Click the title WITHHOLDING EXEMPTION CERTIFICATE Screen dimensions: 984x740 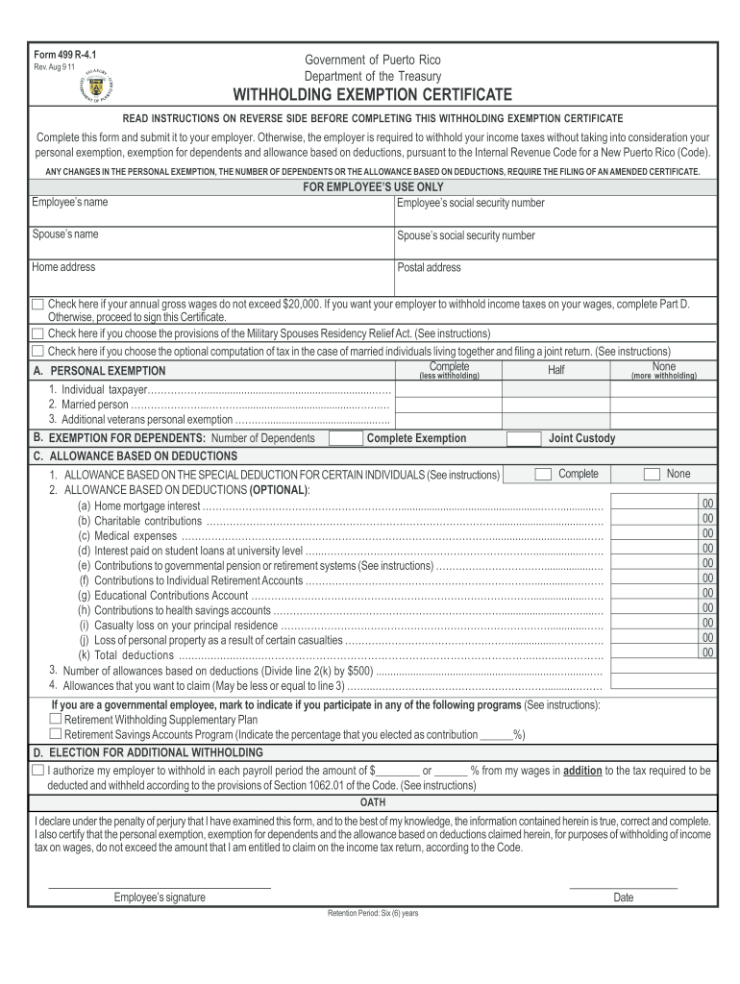click(x=371, y=95)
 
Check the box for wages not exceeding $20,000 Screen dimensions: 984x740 click(x=37, y=304)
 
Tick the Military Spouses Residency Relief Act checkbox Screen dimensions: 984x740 click(x=37, y=333)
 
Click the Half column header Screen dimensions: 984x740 click(x=556, y=371)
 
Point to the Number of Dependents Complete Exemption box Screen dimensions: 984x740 click(x=345, y=438)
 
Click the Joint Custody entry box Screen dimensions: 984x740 click(x=523, y=438)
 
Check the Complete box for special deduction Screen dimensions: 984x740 click(x=543, y=474)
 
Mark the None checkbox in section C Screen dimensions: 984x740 click(x=652, y=474)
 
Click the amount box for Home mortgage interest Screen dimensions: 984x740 click(x=664, y=504)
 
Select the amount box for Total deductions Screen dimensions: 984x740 click(x=664, y=653)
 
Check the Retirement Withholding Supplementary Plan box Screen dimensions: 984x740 click(x=56, y=719)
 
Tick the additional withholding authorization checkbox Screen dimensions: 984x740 click(x=37, y=771)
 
